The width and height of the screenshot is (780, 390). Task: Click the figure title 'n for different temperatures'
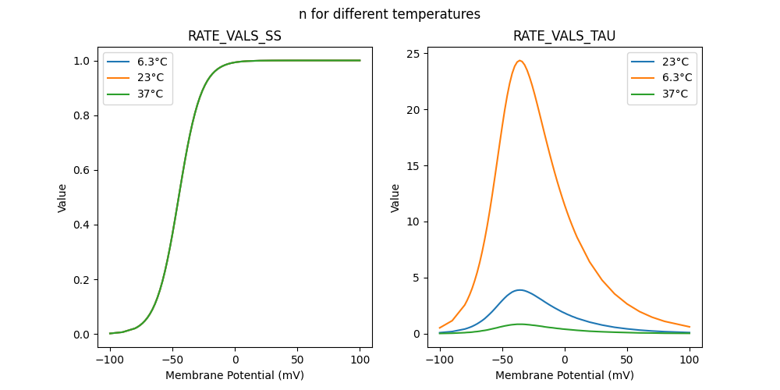point(389,14)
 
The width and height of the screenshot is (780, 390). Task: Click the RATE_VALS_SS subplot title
point(235,36)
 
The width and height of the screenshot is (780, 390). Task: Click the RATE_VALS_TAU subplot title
point(564,36)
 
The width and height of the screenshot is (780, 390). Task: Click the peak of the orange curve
point(519,61)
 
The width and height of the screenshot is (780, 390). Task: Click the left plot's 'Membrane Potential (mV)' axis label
point(235,375)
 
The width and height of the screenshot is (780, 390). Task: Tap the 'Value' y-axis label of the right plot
point(395,198)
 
